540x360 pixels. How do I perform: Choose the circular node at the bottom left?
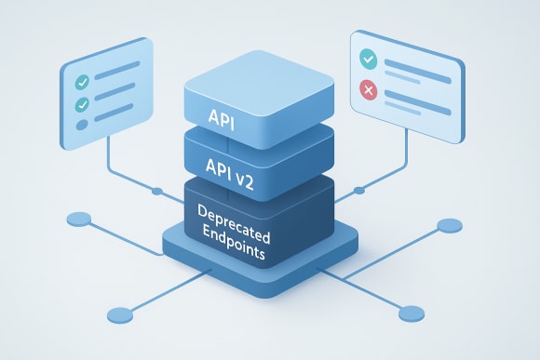tap(118, 313)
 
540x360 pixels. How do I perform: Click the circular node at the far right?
tap(449, 225)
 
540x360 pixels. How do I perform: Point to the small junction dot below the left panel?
tap(156, 193)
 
